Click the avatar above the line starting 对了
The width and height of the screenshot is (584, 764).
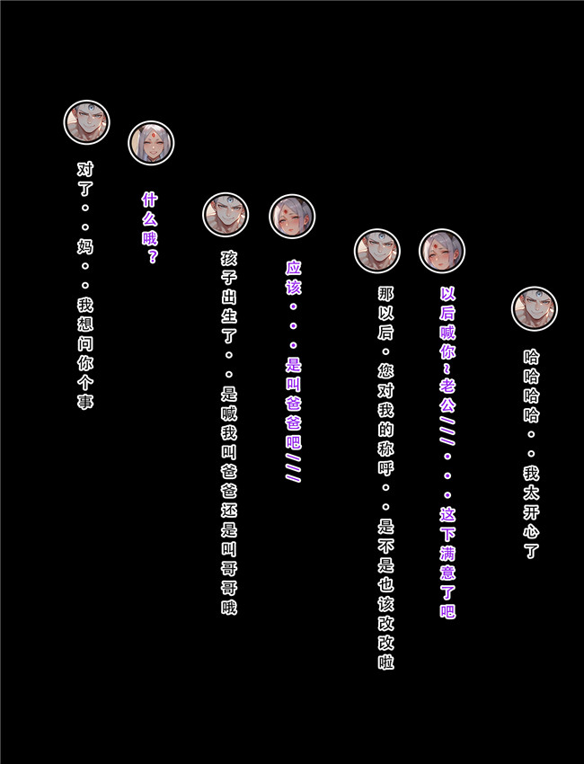[86, 122]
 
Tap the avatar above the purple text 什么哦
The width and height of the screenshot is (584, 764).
[151, 143]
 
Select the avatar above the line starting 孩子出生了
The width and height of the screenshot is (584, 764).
[226, 215]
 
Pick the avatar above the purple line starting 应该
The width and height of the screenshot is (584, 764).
[292, 217]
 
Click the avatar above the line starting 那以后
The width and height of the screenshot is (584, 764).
[377, 251]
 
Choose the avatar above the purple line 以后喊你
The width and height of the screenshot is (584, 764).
[442, 251]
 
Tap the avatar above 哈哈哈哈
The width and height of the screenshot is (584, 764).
[535, 308]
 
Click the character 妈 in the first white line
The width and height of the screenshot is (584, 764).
[85, 246]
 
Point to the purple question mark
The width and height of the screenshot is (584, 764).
[151, 256]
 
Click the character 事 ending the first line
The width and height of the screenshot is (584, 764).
[85, 402]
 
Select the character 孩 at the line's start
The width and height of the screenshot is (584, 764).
[229, 258]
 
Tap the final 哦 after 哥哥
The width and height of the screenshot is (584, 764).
[229, 607]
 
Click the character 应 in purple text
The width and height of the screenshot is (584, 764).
[293, 268]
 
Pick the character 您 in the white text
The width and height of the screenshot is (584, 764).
[385, 371]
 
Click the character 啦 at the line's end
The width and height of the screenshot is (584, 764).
[385, 662]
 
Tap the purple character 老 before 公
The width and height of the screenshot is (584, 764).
[447, 385]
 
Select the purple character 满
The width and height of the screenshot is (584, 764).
[447, 553]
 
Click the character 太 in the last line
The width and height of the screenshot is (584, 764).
[531, 493]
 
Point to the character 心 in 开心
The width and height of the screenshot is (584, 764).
[531, 531]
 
